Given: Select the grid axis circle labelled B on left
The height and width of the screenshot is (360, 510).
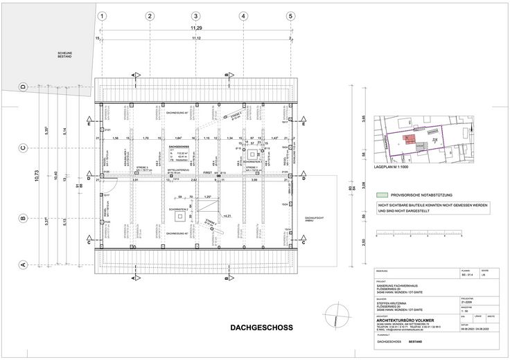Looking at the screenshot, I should pos(23,219).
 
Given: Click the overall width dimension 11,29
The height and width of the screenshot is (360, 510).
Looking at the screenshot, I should pos(197,28).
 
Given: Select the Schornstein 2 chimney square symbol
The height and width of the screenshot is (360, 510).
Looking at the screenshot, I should pos(180,216).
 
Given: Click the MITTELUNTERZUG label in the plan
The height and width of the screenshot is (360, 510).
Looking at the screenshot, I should pos(179,167).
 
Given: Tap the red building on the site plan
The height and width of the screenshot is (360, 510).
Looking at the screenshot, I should pos(410,141).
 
